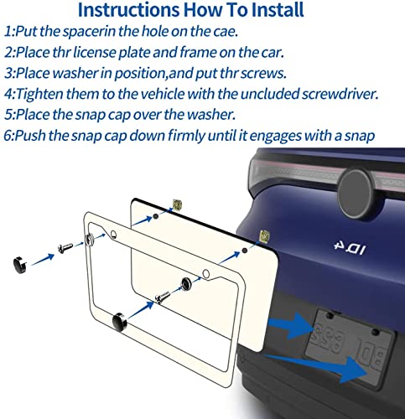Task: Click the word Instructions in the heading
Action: [x=129, y=10]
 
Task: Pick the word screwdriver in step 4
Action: [x=340, y=94]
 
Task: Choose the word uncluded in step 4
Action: [x=269, y=94]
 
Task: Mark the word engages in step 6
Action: [x=275, y=137]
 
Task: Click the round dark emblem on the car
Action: [x=356, y=193]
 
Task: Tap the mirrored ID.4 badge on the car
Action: [x=350, y=247]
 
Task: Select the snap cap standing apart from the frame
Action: [x=20, y=265]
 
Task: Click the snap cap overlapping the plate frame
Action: [x=120, y=322]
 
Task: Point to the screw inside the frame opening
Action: [x=163, y=297]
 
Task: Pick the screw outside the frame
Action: [x=65, y=248]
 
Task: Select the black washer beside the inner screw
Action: [x=186, y=283]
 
